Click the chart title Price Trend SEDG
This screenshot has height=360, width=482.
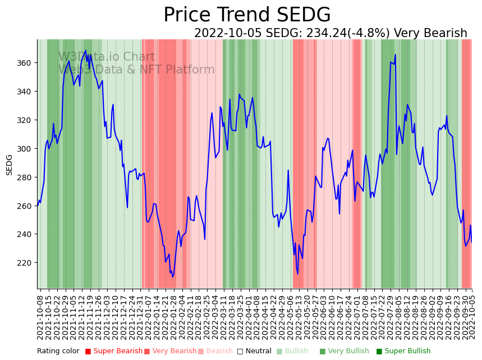(247, 15)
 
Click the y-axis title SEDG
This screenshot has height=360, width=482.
(9, 165)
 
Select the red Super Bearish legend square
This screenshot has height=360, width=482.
(88, 352)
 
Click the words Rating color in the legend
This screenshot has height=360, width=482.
(58, 352)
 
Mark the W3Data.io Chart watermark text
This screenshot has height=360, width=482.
(107, 57)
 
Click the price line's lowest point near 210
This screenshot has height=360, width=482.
(173, 277)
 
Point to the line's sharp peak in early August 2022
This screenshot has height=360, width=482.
(396, 55)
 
